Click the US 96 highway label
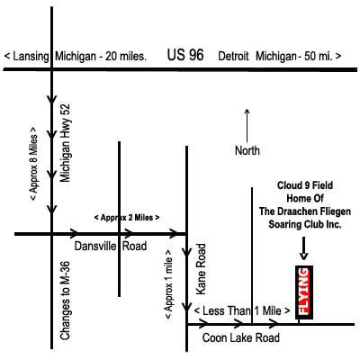click(185, 55)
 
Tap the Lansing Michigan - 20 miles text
click(76, 57)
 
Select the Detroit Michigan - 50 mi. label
click(280, 57)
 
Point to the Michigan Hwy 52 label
click(65, 143)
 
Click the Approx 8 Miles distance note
click(33, 163)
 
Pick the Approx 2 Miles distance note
click(127, 218)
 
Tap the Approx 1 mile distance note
click(168, 284)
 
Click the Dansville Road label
click(111, 246)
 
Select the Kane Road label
click(201, 269)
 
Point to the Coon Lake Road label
click(241, 337)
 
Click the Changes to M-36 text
click(65, 301)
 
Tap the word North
click(247, 150)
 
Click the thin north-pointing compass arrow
click(247, 125)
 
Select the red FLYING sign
click(304, 292)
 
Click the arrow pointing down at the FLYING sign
click(304, 248)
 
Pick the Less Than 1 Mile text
click(242, 310)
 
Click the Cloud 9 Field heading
click(305, 185)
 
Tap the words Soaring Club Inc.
click(305, 224)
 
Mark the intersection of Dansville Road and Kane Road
click(186, 234)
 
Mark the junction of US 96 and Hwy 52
click(52, 69)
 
